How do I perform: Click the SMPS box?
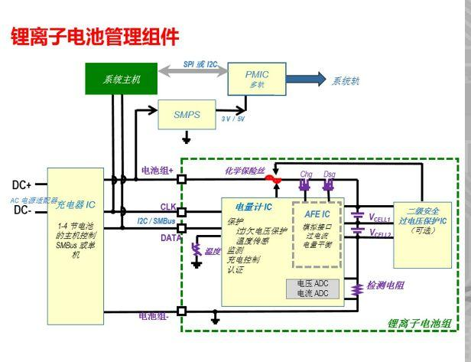(x=187, y=115)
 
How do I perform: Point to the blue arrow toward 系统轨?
(x=306, y=79)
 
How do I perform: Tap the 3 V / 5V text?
(x=232, y=119)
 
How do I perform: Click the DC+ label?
(x=24, y=185)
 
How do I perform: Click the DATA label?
(x=171, y=237)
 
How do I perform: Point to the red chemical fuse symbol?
(x=271, y=181)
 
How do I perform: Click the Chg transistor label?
(x=307, y=174)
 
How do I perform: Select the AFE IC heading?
(x=317, y=214)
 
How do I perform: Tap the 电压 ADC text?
(x=312, y=283)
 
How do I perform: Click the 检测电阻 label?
(x=385, y=285)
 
